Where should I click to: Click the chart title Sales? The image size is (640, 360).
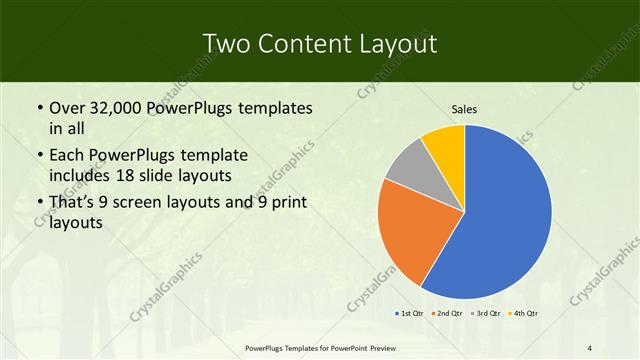(x=464, y=109)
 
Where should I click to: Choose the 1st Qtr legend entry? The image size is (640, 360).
(x=410, y=314)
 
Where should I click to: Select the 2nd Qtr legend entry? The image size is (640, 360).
(x=445, y=314)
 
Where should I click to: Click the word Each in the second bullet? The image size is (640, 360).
(x=67, y=156)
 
